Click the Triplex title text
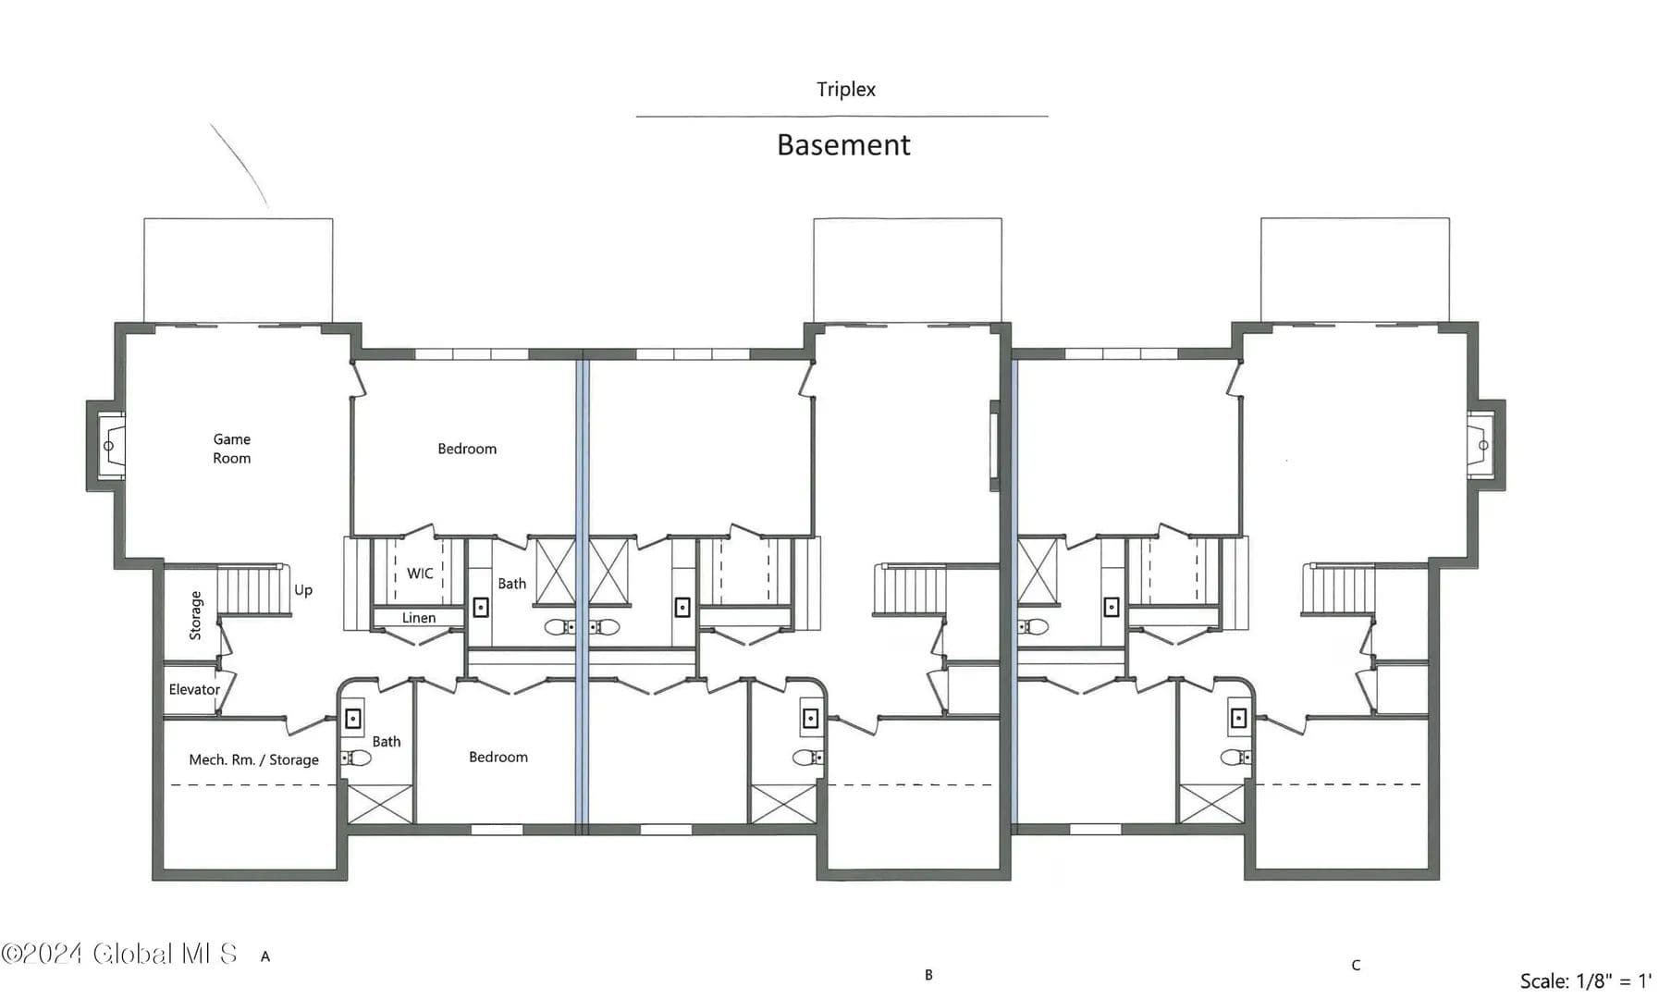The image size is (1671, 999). pyautogui.click(x=845, y=90)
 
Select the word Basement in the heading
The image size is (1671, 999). pyautogui.click(x=843, y=145)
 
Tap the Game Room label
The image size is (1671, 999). pyautogui.click(x=231, y=449)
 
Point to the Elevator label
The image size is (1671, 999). pyautogui.click(x=194, y=689)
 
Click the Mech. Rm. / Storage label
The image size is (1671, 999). pyautogui.click(x=253, y=759)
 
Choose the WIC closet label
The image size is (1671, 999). pyautogui.click(x=420, y=573)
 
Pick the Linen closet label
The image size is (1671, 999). pyautogui.click(x=419, y=618)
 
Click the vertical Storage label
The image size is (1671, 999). pyautogui.click(x=195, y=615)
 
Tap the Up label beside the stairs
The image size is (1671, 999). pyautogui.click(x=303, y=590)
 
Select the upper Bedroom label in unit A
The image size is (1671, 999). pyautogui.click(x=467, y=449)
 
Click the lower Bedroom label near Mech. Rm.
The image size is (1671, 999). pyautogui.click(x=498, y=757)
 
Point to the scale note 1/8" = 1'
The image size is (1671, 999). pyautogui.click(x=1586, y=980)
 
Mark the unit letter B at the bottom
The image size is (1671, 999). pyautogui.click(x=928, y=975)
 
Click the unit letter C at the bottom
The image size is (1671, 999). pyautogui.click(x=1356, y=966)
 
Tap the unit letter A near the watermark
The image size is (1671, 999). pyautogui.click(x=265, y=956)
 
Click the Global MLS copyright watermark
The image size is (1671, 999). pyautogui.click(x=119, y=954)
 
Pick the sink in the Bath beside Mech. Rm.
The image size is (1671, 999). pyautogui.click(x=352, y=718)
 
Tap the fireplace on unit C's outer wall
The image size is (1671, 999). pyautogui.click(x=1481, y=445)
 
